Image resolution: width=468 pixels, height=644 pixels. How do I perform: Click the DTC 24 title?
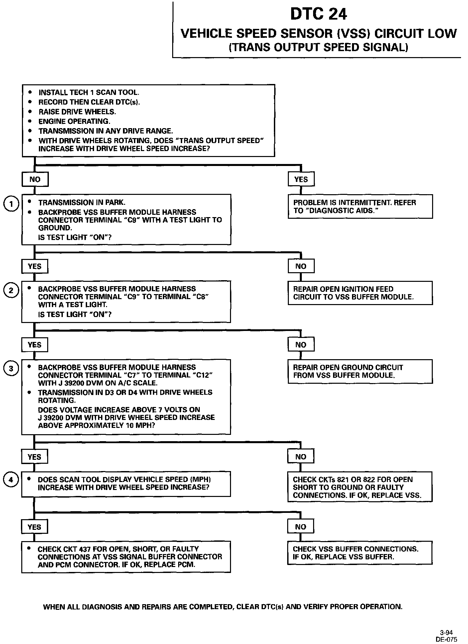pyautogui.click(x=318, y=14)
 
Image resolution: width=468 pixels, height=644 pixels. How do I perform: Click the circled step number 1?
pyautogui.click(x=11, y=204)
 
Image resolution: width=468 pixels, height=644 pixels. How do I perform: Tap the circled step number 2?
pyautogui.click(x=11, y=290)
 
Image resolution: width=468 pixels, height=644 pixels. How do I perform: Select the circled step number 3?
pyautogui.click(x=11, y=369)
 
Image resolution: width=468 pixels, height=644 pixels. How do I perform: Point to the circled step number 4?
pyautogui.click(x=11, y=480)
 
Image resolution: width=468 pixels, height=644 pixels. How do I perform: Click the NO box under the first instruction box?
pyautogui.click(x=35, y=180)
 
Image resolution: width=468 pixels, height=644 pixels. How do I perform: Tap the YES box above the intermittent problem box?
pyautogui.click(x=301, y=180)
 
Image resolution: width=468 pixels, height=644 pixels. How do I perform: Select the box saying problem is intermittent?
pyautogui.click(x=360, y=206)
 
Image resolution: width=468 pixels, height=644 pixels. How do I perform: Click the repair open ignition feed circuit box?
pyautogui.click(x=360, y=293)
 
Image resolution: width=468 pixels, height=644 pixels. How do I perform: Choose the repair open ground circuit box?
pyautogui.click(x=360, y=371)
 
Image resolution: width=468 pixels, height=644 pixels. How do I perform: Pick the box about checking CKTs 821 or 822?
pyautogui.click(x=360, y=487)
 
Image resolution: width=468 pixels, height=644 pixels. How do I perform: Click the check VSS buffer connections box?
pyautogui.click(x=360, y=553)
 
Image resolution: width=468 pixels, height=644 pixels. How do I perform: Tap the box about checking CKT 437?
pyautogui.click(x=126, y=557)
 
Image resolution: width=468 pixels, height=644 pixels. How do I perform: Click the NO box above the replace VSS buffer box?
pyautogui.click(x=300, y=527)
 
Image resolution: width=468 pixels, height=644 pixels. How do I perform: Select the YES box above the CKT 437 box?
pyautogui.click(x=35, y=527)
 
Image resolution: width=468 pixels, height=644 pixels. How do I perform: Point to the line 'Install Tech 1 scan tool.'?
pyautogui.click(x=89, y=93)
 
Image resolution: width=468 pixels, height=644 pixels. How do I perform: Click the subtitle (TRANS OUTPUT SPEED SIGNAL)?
pyautogui.click(x=318, y=47)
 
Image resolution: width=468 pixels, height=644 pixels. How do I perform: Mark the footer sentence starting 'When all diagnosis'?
pyautogui.click(x=223, y=607)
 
